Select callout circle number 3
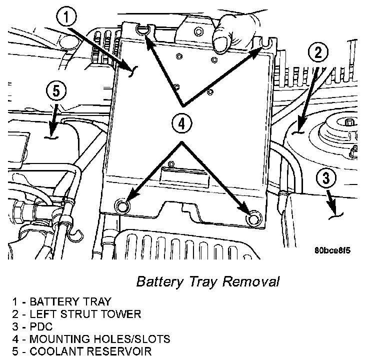[326, 178]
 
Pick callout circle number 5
[55, 91]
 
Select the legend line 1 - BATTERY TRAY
[61, 301]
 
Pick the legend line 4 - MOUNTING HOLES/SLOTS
[91, 339]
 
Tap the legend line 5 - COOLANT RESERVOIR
[82, 351]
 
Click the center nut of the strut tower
[348, 122]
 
